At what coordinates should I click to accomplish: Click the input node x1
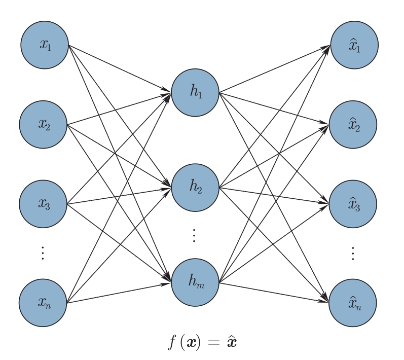[x=45, y=45]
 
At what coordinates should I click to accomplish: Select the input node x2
[x=44, y=124]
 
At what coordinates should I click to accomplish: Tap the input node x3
[x=44, y=204]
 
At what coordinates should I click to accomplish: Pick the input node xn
[x=44, y=303]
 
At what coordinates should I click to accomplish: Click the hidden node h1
[x=195, y=92]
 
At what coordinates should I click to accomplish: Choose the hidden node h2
[x=195, y=187]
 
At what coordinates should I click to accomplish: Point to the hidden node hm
[x=195, y=282]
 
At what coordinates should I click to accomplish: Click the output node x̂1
[x=354, y=45]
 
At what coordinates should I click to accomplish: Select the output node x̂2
[x=353, y=124]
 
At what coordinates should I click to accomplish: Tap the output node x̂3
[x=353, y=204]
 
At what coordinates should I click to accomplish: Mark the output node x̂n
[x=353, y=303]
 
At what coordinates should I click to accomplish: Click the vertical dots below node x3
[x=44, y=253]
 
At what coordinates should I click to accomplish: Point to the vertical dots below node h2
[x=195, y=235]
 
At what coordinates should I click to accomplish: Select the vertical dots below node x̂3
[x=353, y=253]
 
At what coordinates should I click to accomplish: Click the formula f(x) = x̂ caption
[x=202, y=342]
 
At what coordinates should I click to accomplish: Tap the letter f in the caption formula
[x=172, y=342]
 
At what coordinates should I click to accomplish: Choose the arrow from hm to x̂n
[x=274, y=293]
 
